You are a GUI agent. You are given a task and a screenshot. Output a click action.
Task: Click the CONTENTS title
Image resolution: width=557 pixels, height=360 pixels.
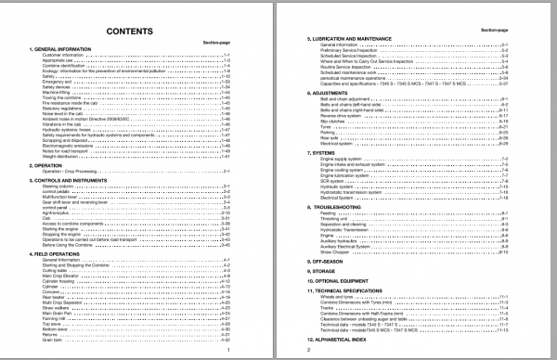pyautogui.click(x=130, y=31)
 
